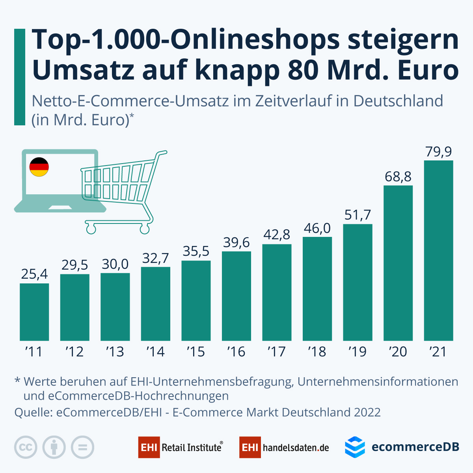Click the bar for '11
[x=34, y=312]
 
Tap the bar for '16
[x=236, y=296]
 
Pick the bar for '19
[x=358, y=282]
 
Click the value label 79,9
[x=438, y=152]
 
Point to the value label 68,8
[x=398, y=177]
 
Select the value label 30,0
[x=115, y=264]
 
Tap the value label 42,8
[x=277, y=235]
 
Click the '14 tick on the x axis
[x=155, y=351]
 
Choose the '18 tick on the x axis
[x=317, y=351]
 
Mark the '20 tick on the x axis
[x=398, y=351]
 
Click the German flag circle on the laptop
[x=39, y=167]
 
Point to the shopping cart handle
[x=161, y=153]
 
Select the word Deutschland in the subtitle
[x=398, y=101]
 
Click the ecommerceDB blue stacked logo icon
[x=355, y=447]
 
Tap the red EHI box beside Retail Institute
[x=149, y=447]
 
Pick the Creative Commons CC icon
[x=26, y=447]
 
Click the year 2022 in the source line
[x=367, y=412]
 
